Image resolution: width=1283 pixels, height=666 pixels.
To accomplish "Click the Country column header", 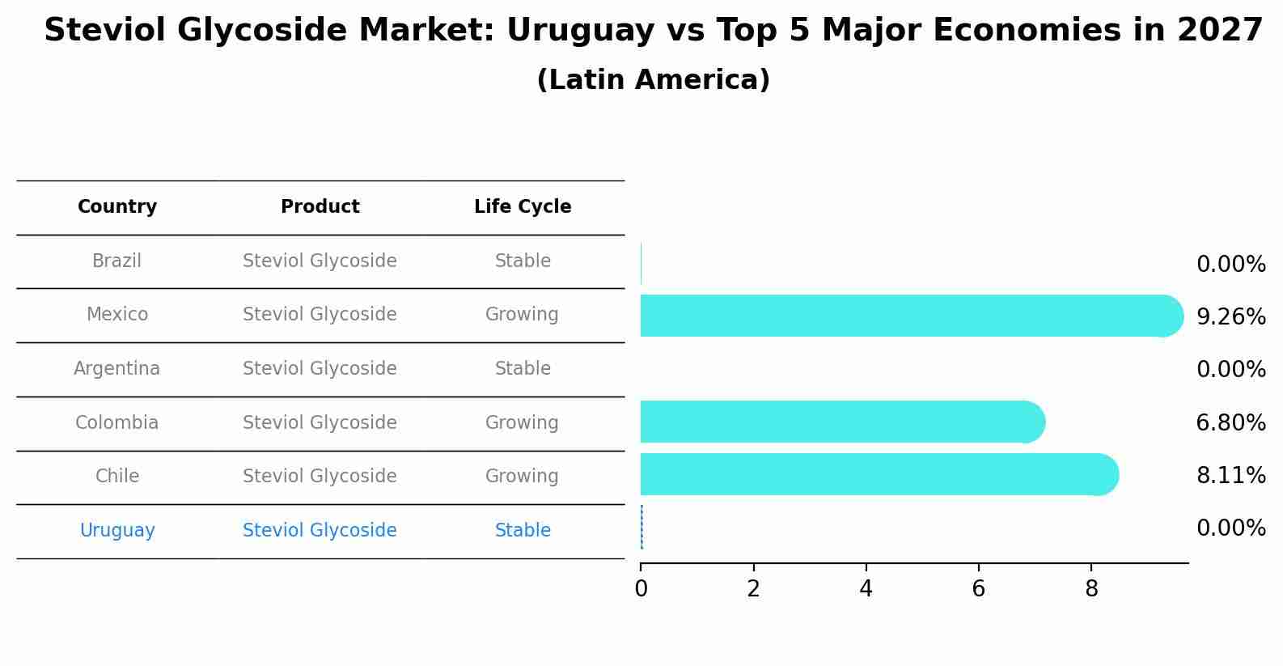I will (117, 207).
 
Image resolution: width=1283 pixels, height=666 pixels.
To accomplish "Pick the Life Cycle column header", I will (523, 207).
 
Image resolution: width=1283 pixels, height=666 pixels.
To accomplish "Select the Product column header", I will (320, 207).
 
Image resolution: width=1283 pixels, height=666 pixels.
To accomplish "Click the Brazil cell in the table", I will (116, 261).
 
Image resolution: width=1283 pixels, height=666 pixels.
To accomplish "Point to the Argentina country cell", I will (116, 369).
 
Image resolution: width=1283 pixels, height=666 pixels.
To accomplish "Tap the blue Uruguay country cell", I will (117, 531).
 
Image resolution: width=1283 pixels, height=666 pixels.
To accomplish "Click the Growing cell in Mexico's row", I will (522, 315).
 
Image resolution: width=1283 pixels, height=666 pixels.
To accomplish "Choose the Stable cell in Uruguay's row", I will (523, 531).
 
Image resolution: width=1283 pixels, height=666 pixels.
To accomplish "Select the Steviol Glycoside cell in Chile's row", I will (320, 477).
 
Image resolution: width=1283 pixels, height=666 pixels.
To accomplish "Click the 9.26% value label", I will (1230, 317).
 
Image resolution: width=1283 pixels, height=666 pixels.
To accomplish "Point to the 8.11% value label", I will (1230, 476).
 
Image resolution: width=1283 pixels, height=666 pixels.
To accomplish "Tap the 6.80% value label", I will (1230, 423).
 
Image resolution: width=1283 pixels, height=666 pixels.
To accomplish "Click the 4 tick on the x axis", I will (866, 589).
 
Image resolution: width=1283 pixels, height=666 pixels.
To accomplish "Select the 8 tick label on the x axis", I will (1091, 589).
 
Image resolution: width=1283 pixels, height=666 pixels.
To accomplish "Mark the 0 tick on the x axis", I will (641, 589).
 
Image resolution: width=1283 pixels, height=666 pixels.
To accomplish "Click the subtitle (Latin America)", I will (653, 80).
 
